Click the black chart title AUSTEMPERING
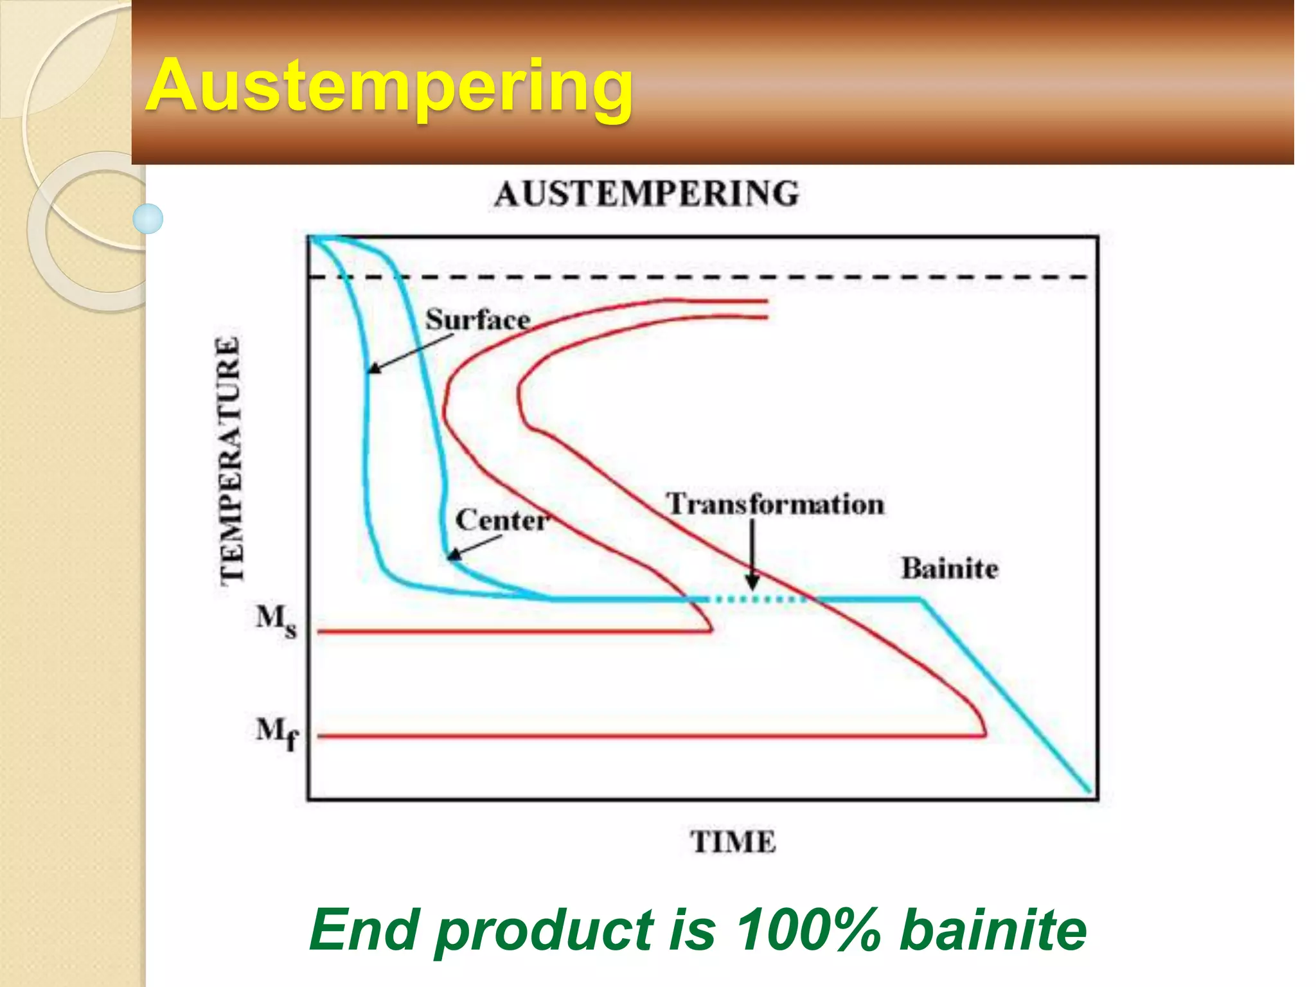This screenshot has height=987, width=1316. coord(646,193)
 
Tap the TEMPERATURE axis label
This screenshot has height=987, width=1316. coord(229,460)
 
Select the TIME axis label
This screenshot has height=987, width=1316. coord(733,842)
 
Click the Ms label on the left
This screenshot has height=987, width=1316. coord(276,620)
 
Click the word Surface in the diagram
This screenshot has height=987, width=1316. coord(478,319)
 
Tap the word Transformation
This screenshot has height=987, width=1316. coord(775,503)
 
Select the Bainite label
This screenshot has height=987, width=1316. coord(949,569)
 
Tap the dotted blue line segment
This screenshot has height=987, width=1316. coord(758,600)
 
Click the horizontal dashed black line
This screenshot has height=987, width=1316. coord(707,278)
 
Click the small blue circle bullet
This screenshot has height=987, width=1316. coord(148,218)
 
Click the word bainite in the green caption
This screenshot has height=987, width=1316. coord(993,930)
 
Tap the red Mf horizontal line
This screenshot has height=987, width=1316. coord(643,736)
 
